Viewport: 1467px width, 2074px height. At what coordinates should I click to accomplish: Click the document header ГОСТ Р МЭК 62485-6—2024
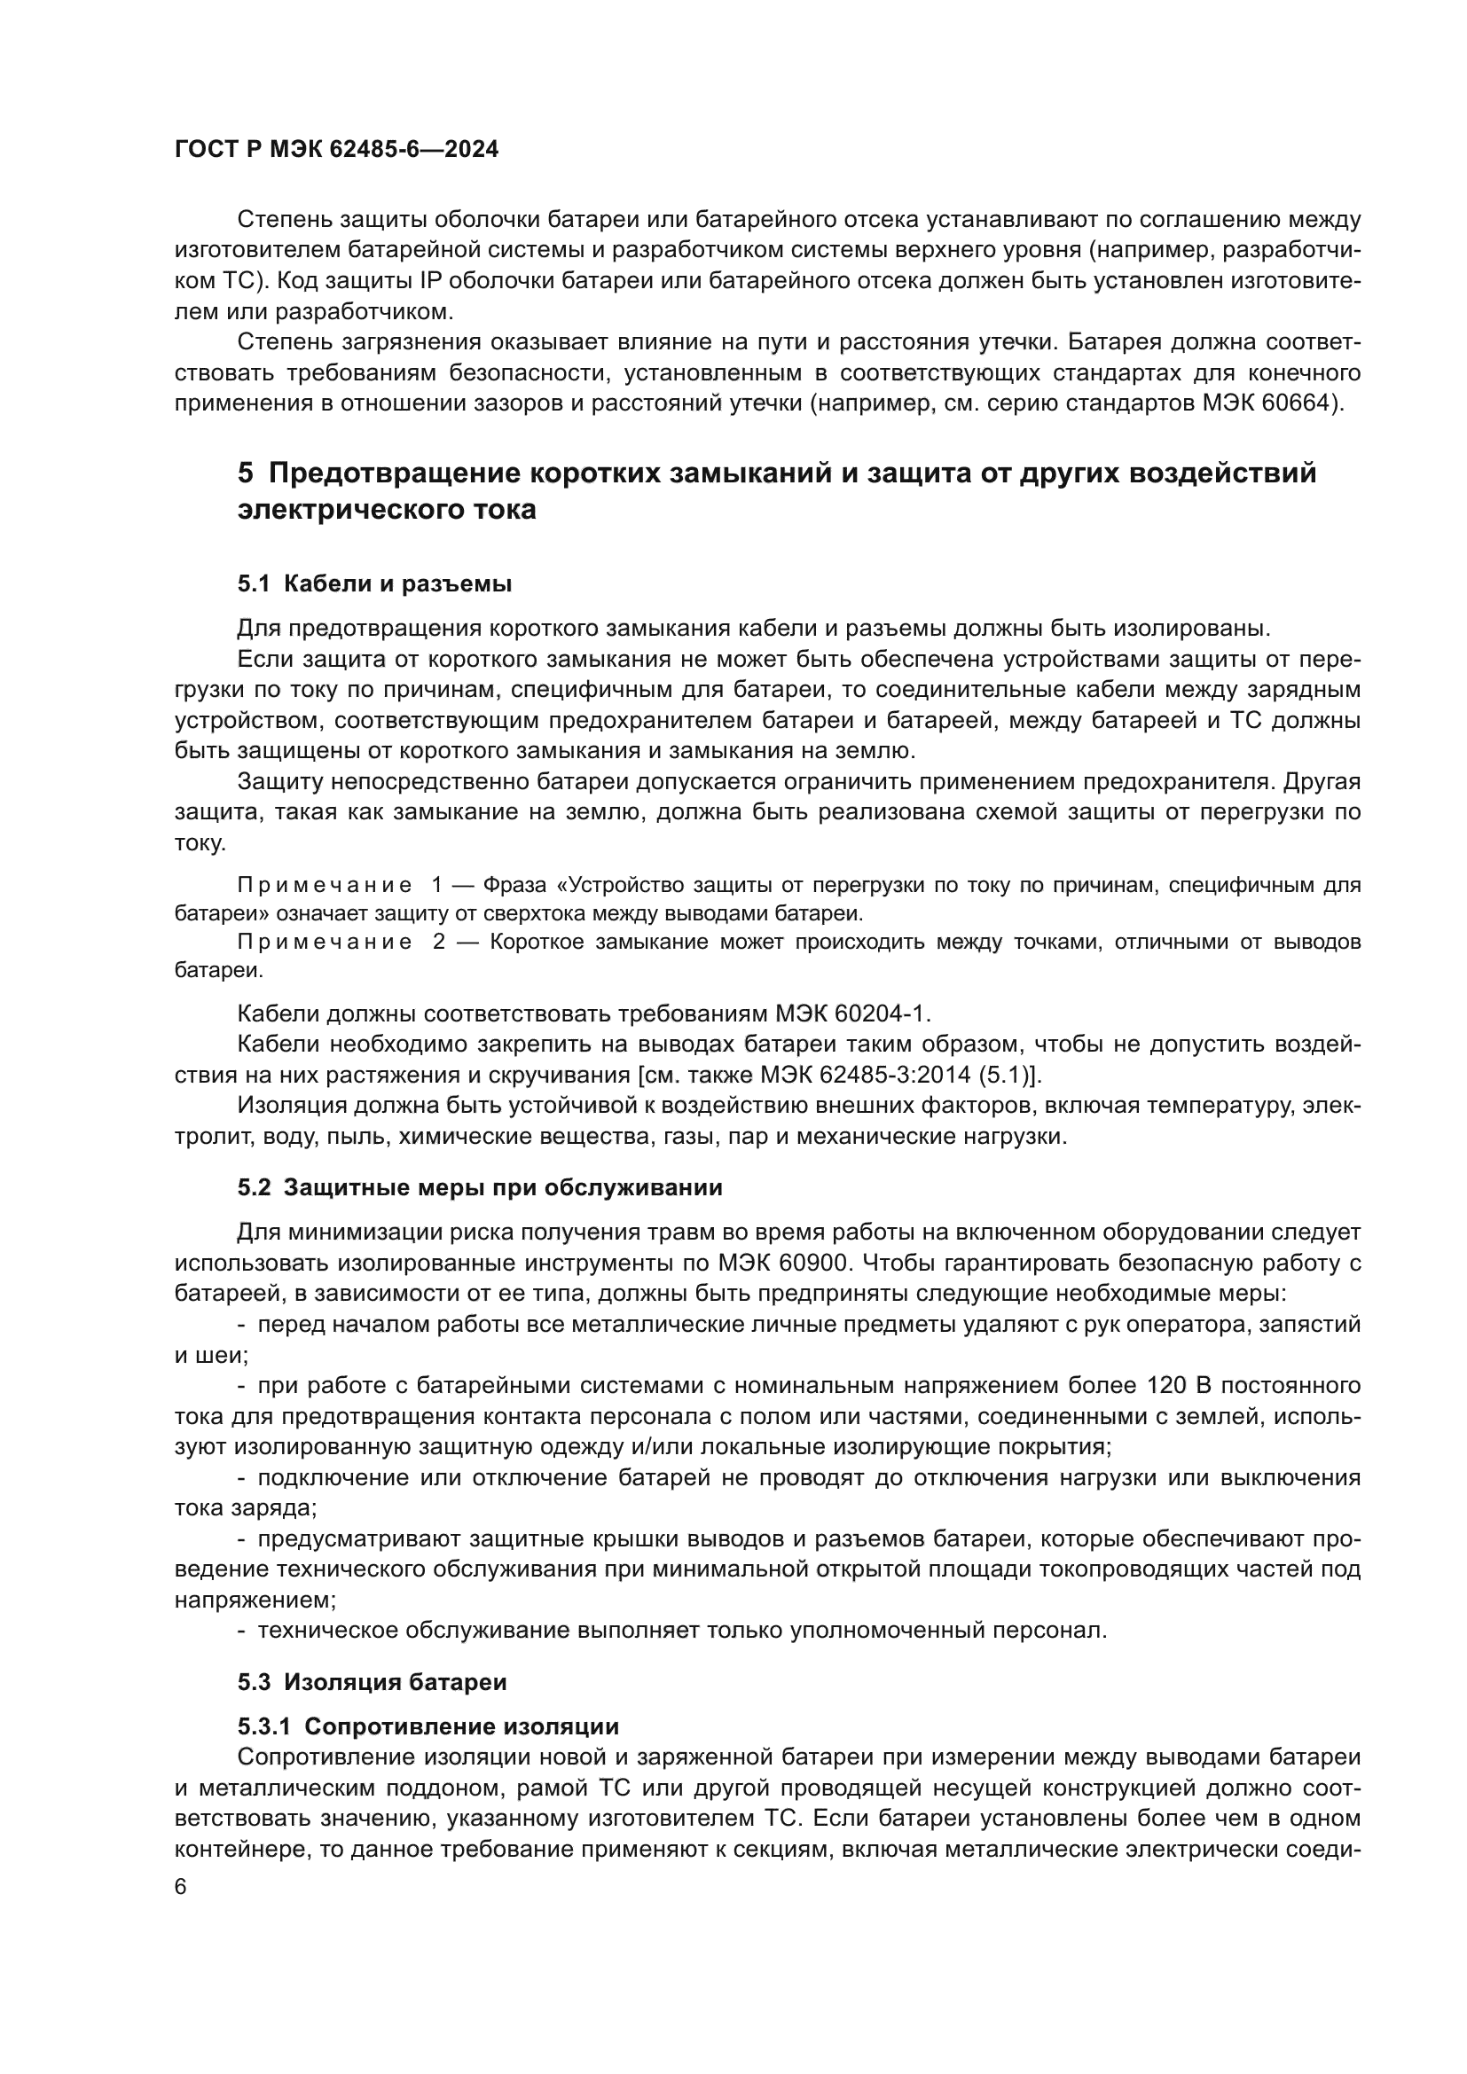click(x=336, y=150)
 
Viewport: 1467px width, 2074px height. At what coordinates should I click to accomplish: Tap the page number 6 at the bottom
click(x=181, y=1887)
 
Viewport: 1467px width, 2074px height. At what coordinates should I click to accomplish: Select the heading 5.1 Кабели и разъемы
click(x=374, y=583)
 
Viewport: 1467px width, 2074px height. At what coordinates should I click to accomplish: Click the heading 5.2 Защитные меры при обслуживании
click(x=480, y=1187)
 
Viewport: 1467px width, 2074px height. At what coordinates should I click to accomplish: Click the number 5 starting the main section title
click(x=246, y=473)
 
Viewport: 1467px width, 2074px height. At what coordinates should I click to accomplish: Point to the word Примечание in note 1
click(x=325, y=884)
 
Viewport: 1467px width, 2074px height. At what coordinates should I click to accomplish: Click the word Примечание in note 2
click(x=325, y=943)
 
